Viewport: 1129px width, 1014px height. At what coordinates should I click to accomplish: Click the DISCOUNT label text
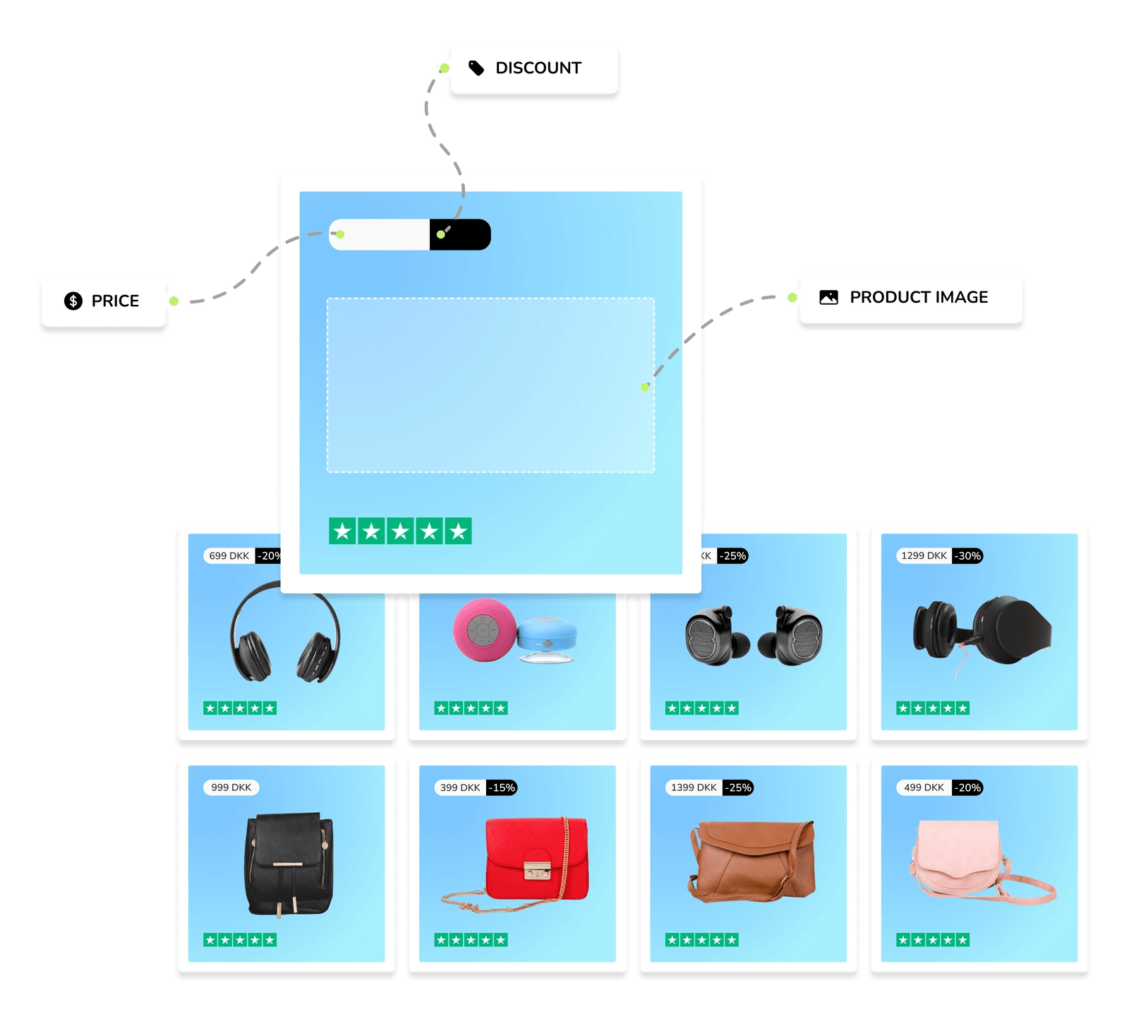coord(538,68)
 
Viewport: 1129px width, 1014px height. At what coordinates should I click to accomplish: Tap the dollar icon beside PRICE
coord(73,301)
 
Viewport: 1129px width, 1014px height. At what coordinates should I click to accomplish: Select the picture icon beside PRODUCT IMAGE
coord(828,297)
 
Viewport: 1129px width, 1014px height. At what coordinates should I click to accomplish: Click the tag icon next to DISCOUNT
coord(476,68)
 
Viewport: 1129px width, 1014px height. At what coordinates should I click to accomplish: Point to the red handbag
coord(536,858)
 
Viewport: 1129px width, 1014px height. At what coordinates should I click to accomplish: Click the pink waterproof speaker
coord(483,629)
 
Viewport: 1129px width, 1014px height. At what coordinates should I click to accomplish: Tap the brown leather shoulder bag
coord(752,860)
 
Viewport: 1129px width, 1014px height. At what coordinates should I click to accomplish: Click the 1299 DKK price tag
coord(924,556)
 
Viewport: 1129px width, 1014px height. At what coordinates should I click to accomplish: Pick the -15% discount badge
coord(502,787)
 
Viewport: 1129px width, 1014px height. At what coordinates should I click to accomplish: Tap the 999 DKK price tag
coord(231,787)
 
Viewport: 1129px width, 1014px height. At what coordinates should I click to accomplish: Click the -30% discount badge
coord(967,556)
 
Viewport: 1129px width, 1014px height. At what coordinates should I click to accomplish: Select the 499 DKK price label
coord(924,787)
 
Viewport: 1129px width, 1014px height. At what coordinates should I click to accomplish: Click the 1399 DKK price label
coord(693,787)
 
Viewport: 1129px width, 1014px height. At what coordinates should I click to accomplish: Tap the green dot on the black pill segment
coord(441,234)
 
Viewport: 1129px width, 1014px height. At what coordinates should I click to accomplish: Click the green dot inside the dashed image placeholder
coord(644,387)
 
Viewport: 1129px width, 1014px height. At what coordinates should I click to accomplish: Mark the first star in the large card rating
coord(343,531)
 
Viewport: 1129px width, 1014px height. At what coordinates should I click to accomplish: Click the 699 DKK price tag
coord(229,556)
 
